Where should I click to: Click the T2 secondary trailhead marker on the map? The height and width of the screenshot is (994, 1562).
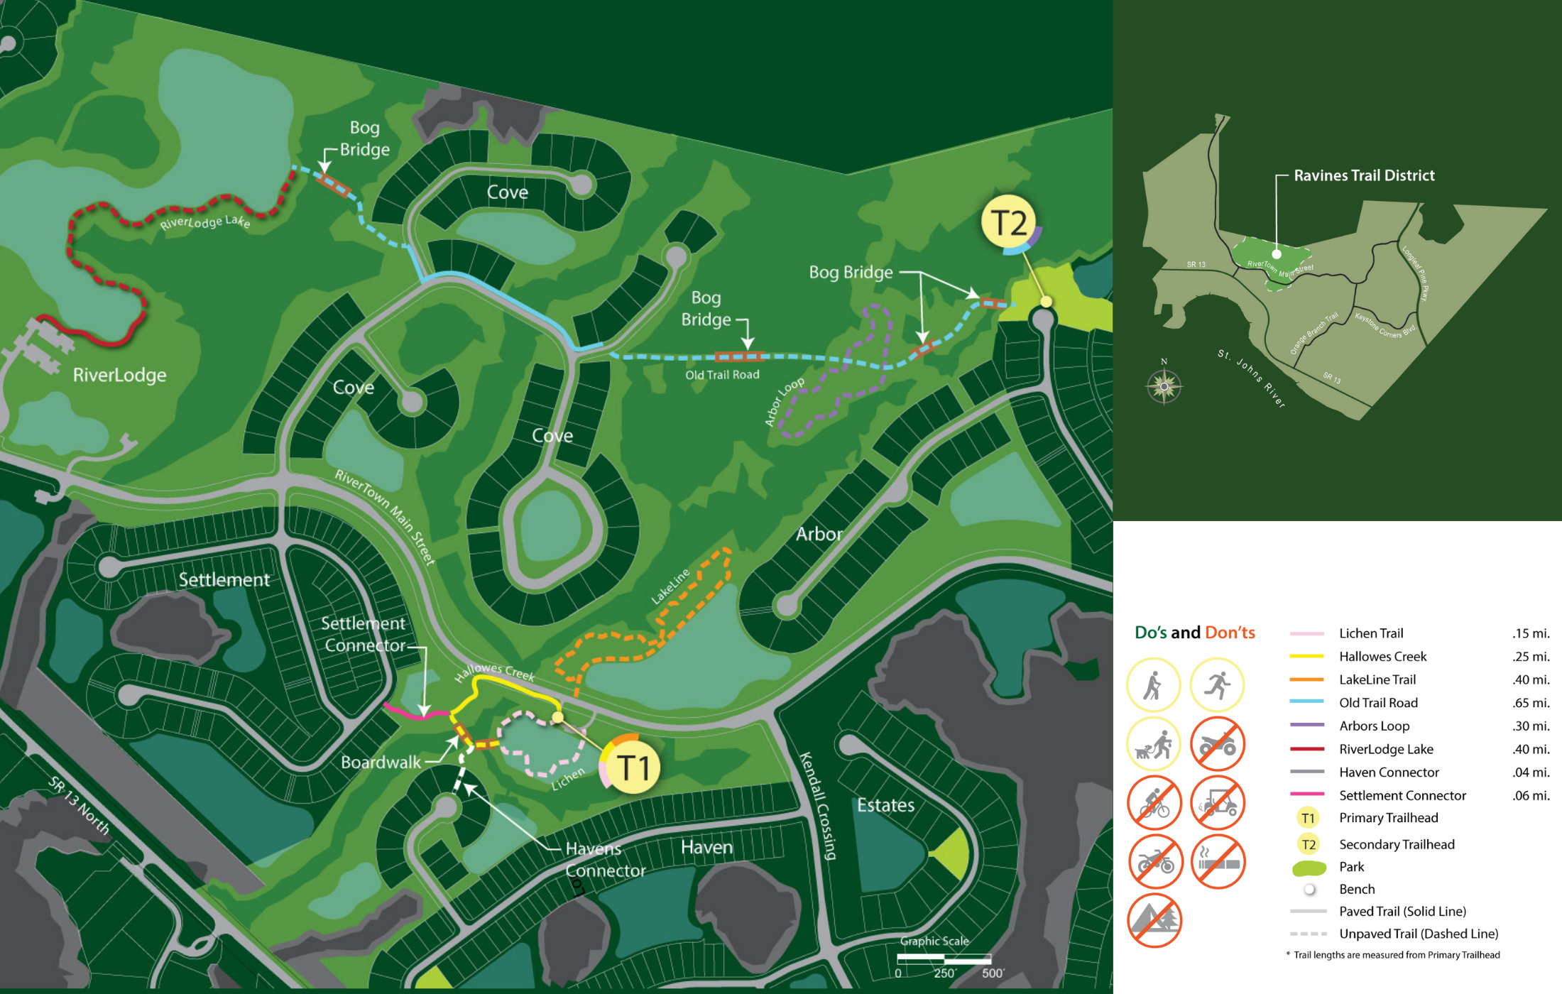pyautogui.click(x=1008, y=222)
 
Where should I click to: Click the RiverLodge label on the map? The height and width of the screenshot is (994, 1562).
pyautogui.click(x=119, y=375)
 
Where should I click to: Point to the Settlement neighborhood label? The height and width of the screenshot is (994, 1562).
pyautogui.click(x=224, y=579)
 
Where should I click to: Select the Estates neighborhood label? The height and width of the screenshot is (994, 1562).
pyautogui.click(x=885, y=805)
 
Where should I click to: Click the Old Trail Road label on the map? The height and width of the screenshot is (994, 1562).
pyautogui.click(x=722, y=375)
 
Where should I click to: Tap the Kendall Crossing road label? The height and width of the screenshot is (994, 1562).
pyautogui.click(x=819, y=806)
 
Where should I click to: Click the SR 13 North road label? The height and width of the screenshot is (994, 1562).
pyautogui.click(x=79, y=804)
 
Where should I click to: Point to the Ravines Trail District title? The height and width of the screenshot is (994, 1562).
pyautogui.click(x=1364, y=175)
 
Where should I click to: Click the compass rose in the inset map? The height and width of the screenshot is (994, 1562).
pyautogui.click(x=1164, y=386)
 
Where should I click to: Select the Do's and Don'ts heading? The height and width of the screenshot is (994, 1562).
pyautogui.click(x=1195, y=632)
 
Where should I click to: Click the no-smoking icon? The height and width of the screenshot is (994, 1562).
pyautogui.click(x=1218, y=862)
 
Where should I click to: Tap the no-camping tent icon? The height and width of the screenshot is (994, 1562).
pyautogui.click(x=1154, y=920)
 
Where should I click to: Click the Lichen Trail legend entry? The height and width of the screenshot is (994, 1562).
pyautogui.click(x=1370, y=633)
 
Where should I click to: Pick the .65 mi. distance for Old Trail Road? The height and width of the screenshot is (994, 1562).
pyautogui.click(x=1531, y=703)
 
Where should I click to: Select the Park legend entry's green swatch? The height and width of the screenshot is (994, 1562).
pyautogui.click(x=1309, y=868)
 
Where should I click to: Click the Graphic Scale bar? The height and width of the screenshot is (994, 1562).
pyautogui.click(x=944, y=958)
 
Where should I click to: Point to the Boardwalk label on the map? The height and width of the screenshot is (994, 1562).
pyautogui.click(x=381, y=763)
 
